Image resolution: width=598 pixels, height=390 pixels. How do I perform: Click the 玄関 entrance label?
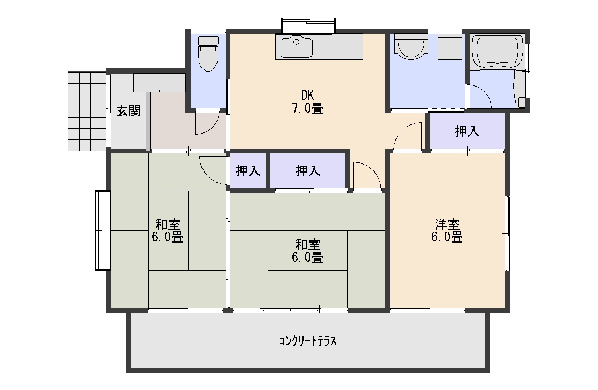pos(128,111)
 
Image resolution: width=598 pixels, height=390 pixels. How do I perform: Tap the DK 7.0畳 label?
pos(307,102)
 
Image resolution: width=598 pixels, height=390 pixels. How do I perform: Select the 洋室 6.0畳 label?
pos(447,231)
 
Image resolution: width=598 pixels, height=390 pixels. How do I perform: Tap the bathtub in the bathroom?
pos(498,52)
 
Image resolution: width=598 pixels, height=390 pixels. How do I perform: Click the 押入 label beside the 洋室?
pos(467,131)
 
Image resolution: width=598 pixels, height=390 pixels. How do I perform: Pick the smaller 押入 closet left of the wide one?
pos(248,171)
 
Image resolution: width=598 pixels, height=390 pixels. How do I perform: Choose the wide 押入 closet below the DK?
pos(308,171)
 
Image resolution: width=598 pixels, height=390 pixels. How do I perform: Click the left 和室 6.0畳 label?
pos(167,231)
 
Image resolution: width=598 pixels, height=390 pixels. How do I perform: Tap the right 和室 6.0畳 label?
pos(307,251)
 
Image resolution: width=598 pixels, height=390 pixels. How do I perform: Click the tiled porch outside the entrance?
pos(87,111)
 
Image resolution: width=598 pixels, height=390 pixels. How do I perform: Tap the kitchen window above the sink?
pos(308,25)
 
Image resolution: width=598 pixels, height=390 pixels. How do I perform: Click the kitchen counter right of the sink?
pos(348,46)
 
